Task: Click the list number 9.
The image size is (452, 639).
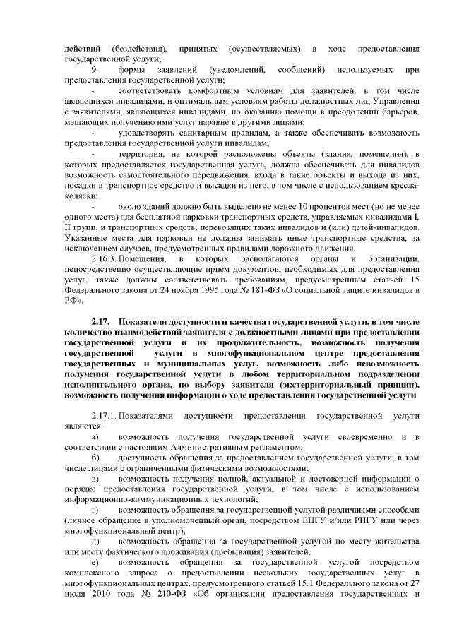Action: click(95, 71)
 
